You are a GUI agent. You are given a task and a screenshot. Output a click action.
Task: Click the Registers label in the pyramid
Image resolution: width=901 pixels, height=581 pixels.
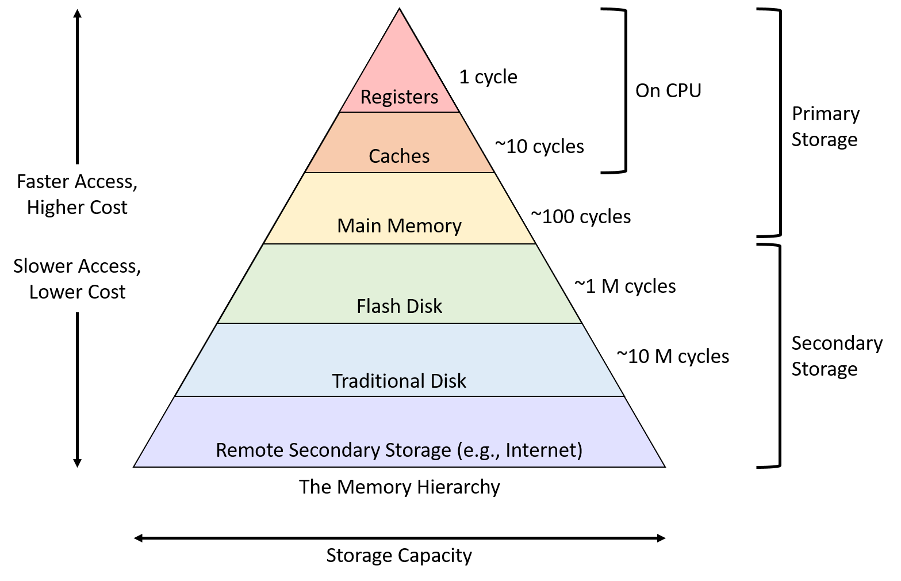pos(399,97)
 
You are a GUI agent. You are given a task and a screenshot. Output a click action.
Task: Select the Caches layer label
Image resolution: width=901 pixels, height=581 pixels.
pos(399,156)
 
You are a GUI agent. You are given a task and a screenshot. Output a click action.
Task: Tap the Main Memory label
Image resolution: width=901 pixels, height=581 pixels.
pos(399,225)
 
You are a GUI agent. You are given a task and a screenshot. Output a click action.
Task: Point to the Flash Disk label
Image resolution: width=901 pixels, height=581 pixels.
pos(399,306)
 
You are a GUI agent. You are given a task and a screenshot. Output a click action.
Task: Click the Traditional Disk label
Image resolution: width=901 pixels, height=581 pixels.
pos(399,381)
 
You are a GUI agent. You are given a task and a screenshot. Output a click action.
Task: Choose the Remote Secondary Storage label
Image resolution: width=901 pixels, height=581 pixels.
pos(399,450)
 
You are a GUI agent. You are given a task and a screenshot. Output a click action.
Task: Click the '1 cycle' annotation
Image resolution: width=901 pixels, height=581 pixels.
pos(488,77)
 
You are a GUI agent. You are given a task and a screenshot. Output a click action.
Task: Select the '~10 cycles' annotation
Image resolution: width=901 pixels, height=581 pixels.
pos(539,147)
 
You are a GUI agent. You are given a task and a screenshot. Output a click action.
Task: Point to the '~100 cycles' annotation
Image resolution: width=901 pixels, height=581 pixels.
pos(581,217)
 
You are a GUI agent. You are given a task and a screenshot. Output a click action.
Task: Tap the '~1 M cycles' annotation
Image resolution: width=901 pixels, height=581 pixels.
pos(625,286)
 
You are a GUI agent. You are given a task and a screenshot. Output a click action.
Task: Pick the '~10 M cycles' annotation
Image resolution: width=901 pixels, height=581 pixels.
pos(673,357)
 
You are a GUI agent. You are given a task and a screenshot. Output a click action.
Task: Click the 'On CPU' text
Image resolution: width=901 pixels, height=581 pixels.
pos(668,90)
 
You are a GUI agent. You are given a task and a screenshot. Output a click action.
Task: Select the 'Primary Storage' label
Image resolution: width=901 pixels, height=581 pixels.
pos(826,127)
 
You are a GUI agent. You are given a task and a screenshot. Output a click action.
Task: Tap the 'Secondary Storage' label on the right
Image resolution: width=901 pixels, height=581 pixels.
pos(837,356)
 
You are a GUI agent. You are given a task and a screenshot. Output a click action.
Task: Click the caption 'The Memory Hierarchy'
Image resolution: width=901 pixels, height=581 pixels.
pos(400,487)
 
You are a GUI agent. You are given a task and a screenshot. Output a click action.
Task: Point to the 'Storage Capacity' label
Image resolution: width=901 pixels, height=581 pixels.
pos(399,555)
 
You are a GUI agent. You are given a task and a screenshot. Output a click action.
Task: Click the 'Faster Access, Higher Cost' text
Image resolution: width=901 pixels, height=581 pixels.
pos(77,194)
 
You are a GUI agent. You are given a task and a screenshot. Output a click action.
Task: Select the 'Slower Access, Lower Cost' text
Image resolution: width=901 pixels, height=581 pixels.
pos(77,279)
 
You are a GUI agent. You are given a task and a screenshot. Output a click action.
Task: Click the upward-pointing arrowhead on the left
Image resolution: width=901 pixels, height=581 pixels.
pos(78,13)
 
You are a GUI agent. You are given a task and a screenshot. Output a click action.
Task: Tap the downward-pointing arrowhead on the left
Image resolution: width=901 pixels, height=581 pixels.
pos(78,463)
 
